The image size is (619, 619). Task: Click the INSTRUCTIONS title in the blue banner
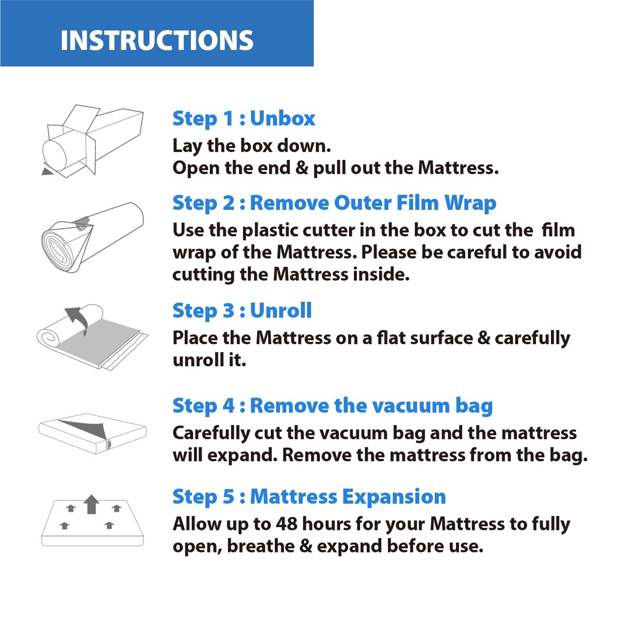[x=157, y=40]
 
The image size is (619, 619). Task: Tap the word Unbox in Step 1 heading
[x=282, y=119]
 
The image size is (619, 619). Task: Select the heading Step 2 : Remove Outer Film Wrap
[x=334, y=203]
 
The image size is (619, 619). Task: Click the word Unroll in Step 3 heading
[x=281, y=311]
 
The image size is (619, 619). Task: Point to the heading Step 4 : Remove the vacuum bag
[x=333, y=406]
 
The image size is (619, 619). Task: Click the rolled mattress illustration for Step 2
[x=92, y=237]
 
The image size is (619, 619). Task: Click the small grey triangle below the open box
[x=47, y=171]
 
